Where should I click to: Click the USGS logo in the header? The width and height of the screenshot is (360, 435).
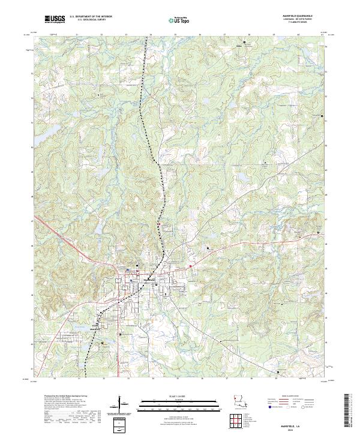tap(54, 20)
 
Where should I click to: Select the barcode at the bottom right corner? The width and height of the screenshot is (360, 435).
tap(350, 412)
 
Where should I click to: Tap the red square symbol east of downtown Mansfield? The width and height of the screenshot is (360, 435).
tap(190, 268)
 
